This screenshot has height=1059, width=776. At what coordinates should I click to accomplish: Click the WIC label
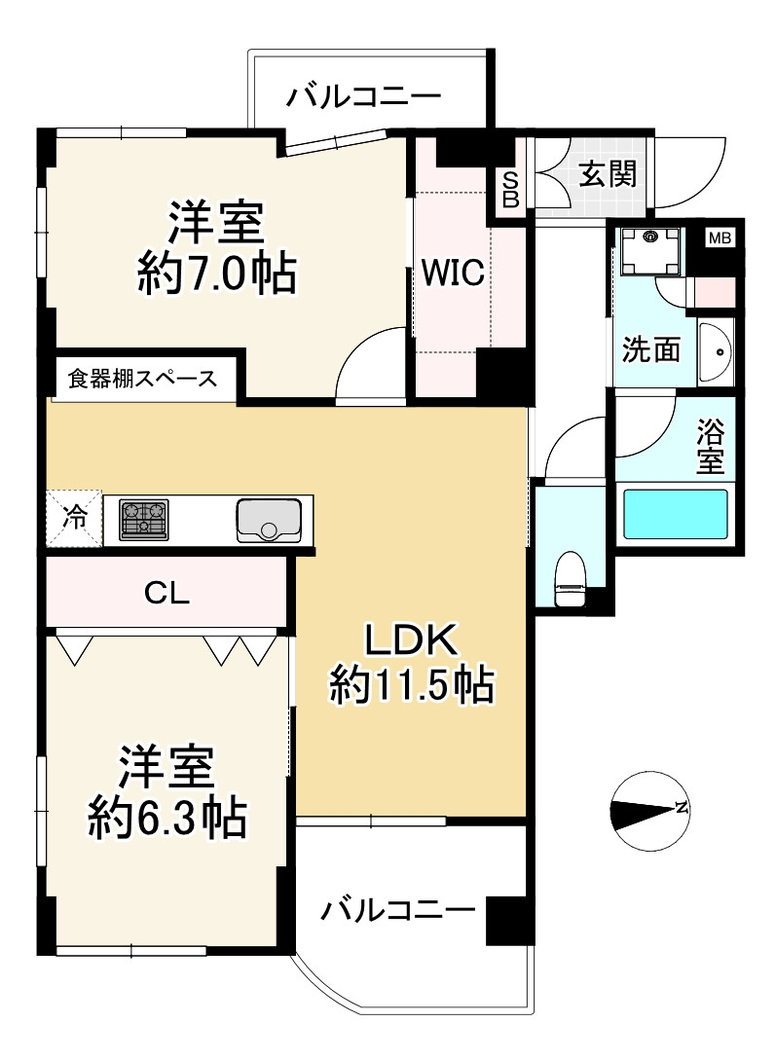(x=453, y=273)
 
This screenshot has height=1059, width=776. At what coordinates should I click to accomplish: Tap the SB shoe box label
(x=511, y=190)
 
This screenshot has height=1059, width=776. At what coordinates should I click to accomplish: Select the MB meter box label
(x=720, y=237)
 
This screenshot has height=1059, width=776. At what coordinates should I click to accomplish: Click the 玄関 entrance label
(x=608, y=174)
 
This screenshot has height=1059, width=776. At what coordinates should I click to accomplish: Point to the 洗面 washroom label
(x=650, y=349)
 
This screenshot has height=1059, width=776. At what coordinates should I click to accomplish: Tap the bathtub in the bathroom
(x=675, y=514)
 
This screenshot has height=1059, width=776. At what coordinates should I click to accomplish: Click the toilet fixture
(x=570, y=578)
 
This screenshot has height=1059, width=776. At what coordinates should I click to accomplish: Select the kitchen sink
(x=268, y=520)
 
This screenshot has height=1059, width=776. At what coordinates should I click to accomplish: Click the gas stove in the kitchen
(x=144, y=520)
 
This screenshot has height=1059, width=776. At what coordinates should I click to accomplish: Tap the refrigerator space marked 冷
(x=74, y=518)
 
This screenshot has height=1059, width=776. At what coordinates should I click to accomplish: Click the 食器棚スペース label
(x=142, y=379)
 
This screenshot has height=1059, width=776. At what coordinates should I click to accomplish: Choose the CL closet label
(x=166, y=593)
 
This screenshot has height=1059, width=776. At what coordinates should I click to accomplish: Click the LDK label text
(x=411, y=640)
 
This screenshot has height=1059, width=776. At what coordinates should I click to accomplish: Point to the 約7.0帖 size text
(x=217, y=272)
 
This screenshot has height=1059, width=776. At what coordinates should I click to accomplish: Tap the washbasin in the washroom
(x=716, y=352)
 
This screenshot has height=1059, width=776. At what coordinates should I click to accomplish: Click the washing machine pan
(x=650, y=251)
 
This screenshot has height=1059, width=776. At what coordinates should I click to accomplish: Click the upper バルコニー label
(x=363, y=96)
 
